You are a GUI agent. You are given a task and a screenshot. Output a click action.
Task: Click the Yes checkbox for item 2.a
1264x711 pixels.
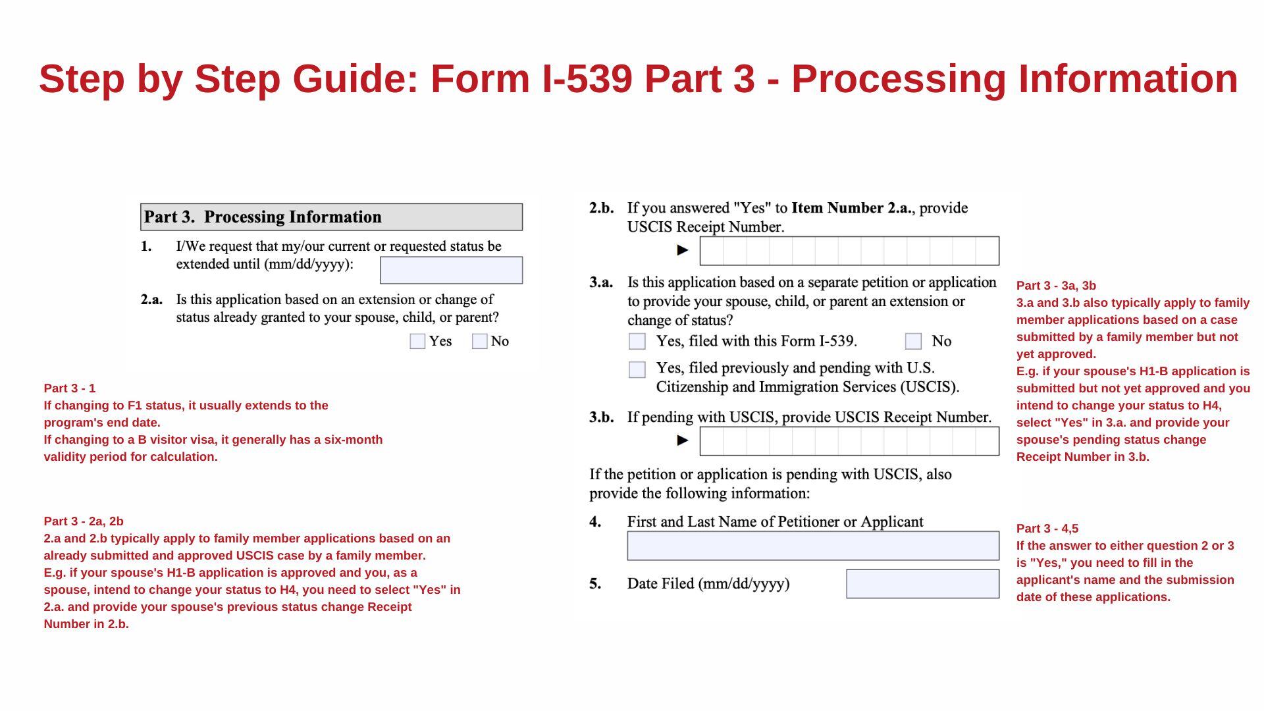coord(417,341)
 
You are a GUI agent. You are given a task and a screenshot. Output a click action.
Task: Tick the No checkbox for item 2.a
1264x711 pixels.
coord(480,341)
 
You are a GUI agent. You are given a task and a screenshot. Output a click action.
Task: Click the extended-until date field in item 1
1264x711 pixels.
coord(451,271)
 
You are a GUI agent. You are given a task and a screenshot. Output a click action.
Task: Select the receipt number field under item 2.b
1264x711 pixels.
coord(849,251)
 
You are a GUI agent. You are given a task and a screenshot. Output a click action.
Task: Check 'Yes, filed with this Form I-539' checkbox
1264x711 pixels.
coord(637,341)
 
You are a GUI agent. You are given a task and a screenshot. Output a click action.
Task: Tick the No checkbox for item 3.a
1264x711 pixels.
coord(913,341)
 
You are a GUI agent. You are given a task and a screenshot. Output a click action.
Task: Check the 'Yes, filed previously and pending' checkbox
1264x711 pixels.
coord(637,369)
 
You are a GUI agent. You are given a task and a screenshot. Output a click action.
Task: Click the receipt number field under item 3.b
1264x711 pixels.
coord(849,441)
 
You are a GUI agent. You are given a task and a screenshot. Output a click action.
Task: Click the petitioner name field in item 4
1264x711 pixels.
coord(813,546)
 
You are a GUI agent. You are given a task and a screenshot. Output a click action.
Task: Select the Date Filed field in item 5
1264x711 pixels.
coord(922,584)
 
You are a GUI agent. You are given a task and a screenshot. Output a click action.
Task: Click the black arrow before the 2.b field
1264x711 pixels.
coord(683,250)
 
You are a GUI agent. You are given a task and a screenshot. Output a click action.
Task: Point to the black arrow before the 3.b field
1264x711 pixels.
coord(683,440)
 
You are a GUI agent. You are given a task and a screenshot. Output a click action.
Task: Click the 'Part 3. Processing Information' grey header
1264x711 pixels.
coord(331,217)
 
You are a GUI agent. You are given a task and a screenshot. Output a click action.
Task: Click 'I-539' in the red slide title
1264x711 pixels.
coord(587,79)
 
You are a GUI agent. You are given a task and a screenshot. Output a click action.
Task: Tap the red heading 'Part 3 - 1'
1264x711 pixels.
coord(70,388)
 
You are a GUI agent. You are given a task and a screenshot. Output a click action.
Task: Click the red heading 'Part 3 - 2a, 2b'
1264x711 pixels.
coord(84,521)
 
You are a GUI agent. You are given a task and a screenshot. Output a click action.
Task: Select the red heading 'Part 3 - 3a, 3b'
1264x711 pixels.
coord(1056,286)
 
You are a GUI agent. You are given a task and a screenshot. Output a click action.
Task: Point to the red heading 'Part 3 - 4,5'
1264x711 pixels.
coord(1047,529)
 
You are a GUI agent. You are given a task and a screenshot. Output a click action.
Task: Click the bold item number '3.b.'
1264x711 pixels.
coord(601,417)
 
